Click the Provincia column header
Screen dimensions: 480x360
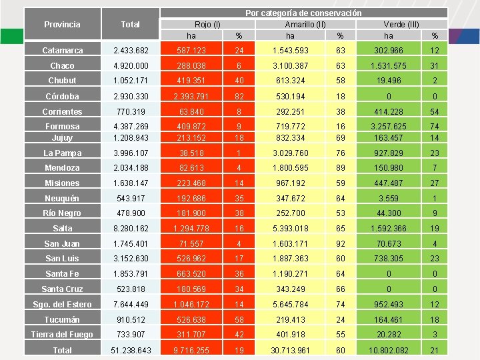[x=63, y=24]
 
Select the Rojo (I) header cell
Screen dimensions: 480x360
[x=207, y=24]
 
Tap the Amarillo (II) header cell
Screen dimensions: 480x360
[x=305, y=24]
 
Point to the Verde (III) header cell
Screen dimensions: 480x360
[x=401, y=24]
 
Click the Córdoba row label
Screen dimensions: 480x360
[x=63, y=96]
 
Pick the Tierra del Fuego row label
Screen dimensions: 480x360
[x=63, y=334]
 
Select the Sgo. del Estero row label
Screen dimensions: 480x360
[x=63, y=304]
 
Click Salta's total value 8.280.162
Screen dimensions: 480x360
[x=131, y=228]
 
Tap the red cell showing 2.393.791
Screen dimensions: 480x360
[x=191, y=96]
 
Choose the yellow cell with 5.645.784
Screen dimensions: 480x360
[x=290, y=304]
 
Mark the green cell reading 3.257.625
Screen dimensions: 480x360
[x=389, y=126]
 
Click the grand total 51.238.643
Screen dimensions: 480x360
[x=131, y=350]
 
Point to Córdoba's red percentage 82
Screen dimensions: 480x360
[x=239, y=96]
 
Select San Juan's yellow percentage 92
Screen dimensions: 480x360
[x=341, y=243]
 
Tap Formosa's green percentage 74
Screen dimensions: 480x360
[x=435, y=126]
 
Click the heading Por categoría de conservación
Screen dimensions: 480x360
[x=304, y=13]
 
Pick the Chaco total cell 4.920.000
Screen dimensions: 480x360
[x=131, y=65]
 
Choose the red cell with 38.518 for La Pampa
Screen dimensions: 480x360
[x=191, y=153]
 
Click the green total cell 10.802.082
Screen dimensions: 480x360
[x=389, y=350]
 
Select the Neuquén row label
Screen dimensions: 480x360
[x=63, y=198]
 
